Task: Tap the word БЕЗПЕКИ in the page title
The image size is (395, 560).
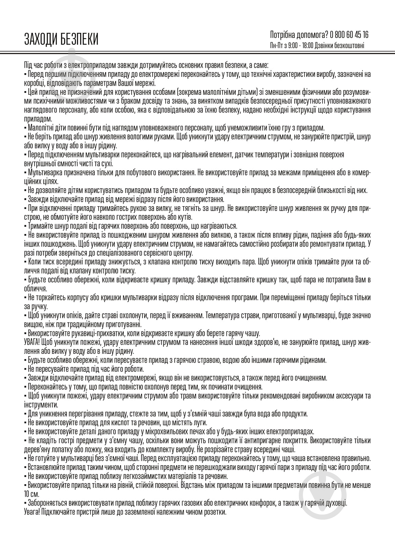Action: pos(79,39)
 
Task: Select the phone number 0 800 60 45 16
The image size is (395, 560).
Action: pos(350,35)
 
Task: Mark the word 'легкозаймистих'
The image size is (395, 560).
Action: pos(134,476)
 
